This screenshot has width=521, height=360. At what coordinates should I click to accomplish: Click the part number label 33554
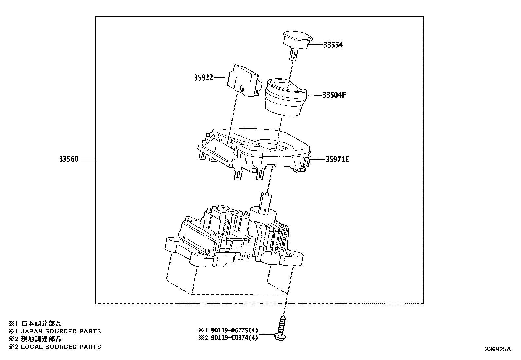tap(333, 45)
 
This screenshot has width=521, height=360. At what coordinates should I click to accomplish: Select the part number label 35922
tap(203, 78)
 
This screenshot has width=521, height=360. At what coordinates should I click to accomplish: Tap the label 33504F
tap(334, 95)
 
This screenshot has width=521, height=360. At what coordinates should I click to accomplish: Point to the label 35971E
tap(337, 160)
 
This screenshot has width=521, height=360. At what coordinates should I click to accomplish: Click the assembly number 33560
tap(69, 160)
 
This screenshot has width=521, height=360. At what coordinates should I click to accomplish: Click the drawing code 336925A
tap(497, 349)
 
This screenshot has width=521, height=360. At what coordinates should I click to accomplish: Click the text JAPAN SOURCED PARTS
tap(61, 331)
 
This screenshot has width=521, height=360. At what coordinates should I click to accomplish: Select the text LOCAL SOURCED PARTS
tap(61, 347)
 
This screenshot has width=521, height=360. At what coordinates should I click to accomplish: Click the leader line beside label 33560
tap(88, 160)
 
